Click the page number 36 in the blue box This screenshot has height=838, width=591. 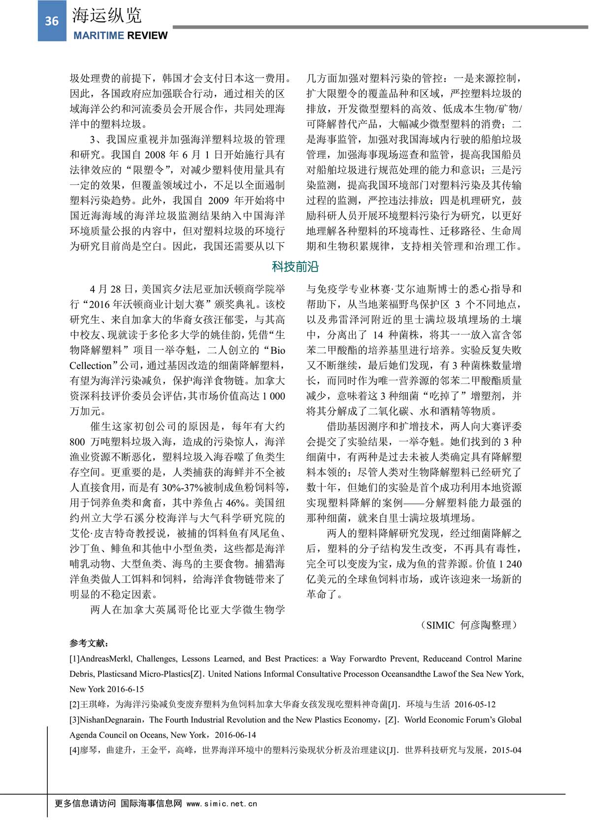tap(52, 21)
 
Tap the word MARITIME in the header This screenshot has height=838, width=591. tap(98, 36)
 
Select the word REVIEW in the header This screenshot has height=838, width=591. tap(147, 36)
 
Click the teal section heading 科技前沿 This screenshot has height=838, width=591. tap(295, 267)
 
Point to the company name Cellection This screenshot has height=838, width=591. tap(91, 366)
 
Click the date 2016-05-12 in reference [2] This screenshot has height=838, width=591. tap(475, 704)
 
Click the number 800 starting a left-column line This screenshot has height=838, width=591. tap(77, 442)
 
